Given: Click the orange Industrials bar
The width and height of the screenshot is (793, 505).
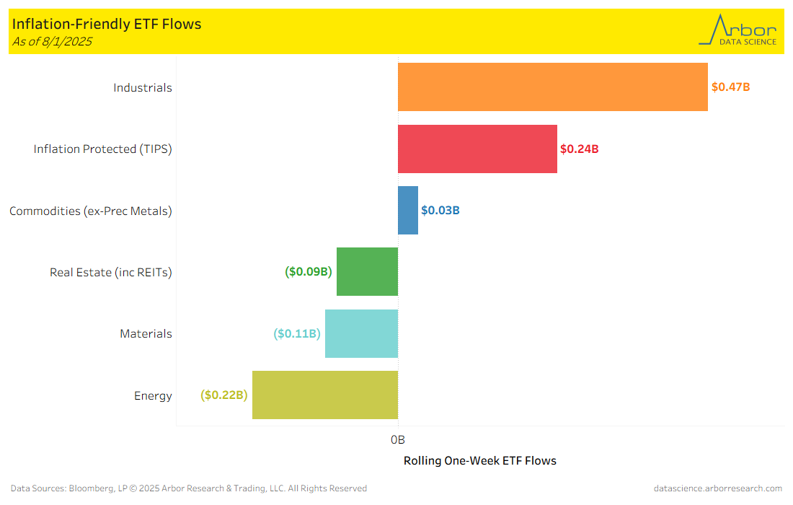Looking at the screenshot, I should pyautogui.click(x=552, y=87).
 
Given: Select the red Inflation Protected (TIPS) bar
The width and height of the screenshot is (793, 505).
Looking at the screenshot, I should pyautogui.click(x=477, y=149).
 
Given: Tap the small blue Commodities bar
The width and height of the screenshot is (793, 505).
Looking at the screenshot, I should pyautogui.click(x=408, y=211).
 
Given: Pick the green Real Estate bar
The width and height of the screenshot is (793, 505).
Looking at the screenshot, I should pyautogui.click(x=367, y=272).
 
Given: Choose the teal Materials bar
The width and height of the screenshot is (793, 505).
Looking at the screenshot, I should pyautogui.click(x=361, y=333).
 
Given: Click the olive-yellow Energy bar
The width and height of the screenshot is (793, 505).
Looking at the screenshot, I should pyautogui.click(x=324, y=395).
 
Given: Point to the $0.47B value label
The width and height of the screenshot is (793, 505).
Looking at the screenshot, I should pyautogui.click(x=731, y=87).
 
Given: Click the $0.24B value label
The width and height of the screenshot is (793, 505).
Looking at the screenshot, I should pyautogui.click(x=580, y=149).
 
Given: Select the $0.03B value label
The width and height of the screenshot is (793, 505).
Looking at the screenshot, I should pyautogui.click(x=440, y=211).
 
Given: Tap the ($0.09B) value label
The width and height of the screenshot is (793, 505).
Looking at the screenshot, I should pyautogui.click(x=309, y=272).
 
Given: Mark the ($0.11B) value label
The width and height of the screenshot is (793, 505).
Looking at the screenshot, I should pyautogui.click(x=297, y=333).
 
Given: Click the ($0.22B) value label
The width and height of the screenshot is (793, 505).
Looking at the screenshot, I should pyautogui.click(x=224, y=395).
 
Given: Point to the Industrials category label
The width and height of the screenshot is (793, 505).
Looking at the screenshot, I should pyautogui.click(x=143, y=87).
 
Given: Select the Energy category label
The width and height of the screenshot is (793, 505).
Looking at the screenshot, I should pyautogui.click(x=153, y=395).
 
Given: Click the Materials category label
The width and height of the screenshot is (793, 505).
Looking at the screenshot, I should pyautogui.click(x=146, y=333).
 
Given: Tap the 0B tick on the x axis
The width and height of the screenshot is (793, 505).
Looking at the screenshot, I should pyautogui.click(x=398, y=439).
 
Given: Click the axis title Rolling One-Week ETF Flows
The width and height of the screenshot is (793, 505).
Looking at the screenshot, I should pyautogui.click(x=479, y=460).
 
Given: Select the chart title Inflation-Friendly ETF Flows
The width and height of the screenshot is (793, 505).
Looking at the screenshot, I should pyautogui.click(x=107, y=24).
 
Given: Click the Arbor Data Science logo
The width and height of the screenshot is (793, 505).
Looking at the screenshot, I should pyautogui.click(x=737, y=31).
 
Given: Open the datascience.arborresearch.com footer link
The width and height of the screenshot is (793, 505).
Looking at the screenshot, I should pyautogui.click(x=717, y=488).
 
